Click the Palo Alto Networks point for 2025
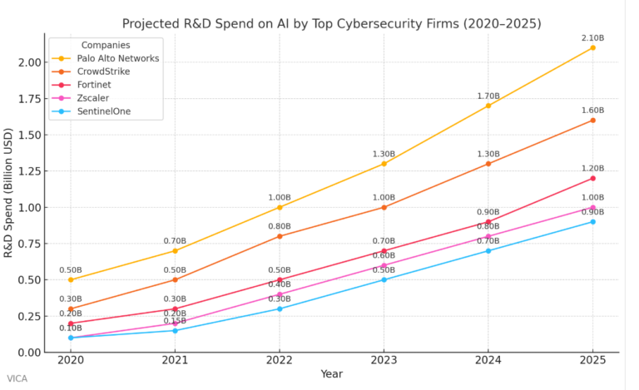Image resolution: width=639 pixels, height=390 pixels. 592,47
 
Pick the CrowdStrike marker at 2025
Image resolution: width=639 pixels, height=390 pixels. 592,120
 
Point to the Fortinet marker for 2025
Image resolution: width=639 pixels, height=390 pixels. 592,178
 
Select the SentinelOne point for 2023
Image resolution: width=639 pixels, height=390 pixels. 384,279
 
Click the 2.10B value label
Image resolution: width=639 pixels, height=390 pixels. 592,37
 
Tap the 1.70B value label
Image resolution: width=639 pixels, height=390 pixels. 488,96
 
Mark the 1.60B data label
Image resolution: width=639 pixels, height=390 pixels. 592,110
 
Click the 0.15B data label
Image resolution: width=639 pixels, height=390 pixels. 175,321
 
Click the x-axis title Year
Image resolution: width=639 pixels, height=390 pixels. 332,375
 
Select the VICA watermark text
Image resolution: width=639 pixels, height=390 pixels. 17,378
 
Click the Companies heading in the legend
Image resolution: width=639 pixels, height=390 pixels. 105,44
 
